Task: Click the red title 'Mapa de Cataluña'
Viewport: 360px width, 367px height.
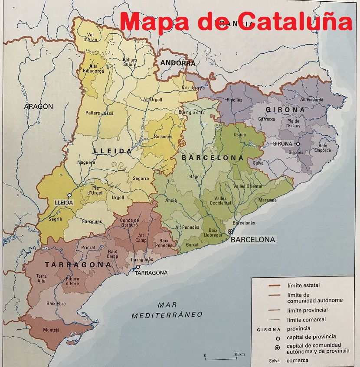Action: (x=236, y=21)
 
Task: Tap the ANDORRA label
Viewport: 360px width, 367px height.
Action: (x=178, y=63)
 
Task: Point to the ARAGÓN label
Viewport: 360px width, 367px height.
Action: (x=39, y=106)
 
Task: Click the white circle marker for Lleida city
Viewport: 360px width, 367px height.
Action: (x=69, y=195)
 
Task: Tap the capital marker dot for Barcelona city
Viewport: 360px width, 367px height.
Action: (x=230, y=232)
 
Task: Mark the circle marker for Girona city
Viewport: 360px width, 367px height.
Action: (x=298, y=144)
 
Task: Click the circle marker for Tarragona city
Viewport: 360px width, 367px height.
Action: (x=138, y=267)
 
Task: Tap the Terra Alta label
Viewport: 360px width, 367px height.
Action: (x=42, y=279)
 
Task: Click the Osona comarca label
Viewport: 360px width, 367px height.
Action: (x=239, y=134)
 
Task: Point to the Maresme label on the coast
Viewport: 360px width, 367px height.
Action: (x=268, y=200)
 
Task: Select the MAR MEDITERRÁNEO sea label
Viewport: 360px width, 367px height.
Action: (x=167, y=310)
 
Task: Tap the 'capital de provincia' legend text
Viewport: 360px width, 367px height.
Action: (x=311, y=337)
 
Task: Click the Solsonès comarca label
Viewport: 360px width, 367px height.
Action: (x=163, y=136)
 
